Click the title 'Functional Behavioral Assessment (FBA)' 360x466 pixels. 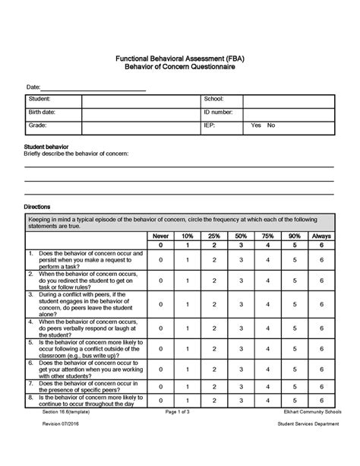tap(179, 59)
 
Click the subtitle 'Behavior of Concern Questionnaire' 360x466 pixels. tap(179, 68)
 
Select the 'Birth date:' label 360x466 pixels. tap(42, 113)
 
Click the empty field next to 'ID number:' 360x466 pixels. tap(290, 113)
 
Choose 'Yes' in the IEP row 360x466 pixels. tap(256, 125)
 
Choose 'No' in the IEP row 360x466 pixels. tap(271, 125)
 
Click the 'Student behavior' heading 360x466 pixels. tap(46, 145)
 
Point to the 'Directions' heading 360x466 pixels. tap(37, 207)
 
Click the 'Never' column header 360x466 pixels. tap(160, 236)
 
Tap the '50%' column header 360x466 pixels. tap(241, 236)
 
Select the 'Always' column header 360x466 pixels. tap(321, 236)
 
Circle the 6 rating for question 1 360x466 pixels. tap(321, 260)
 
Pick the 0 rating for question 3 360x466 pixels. tap(160, 304)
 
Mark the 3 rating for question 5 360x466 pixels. tap(241, 348)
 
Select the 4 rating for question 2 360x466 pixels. tap(267, 281)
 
